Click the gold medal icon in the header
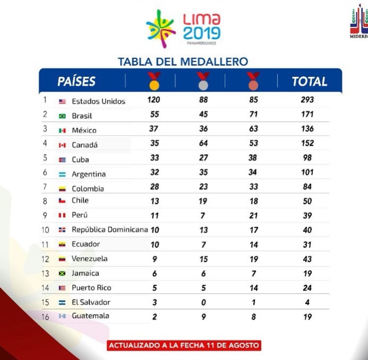[154, 81]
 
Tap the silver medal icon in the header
[203, 81]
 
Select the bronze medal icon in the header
[254, 81]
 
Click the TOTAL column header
[309, 82]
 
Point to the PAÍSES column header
[76, 82]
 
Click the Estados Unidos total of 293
[307, 100]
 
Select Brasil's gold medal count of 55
[154, 114]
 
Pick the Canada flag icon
[62, 145]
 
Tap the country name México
[84, 130]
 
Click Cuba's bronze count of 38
[253, 158]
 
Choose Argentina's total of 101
[307, 172]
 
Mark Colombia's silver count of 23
[203, 187]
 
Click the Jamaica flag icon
[62, 273]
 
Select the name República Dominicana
[110, 230]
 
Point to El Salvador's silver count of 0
[203, 302]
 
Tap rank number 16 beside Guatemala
[45, 317]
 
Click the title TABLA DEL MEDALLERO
[183, 62]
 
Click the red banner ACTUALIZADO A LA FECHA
[184, 345]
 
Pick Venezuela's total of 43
[307, 259]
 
